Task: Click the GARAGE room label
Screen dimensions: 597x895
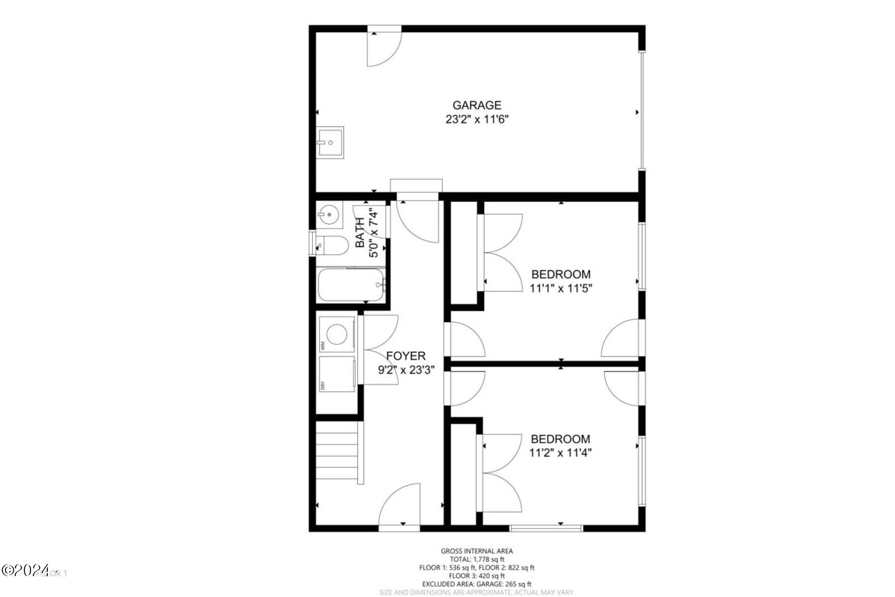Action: click(x=476, y=105)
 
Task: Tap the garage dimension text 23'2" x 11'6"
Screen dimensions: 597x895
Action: click(x=476, y=119)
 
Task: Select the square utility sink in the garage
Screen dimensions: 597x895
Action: click(x=330, y=142)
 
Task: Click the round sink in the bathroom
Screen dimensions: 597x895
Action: click(x=328, y=215)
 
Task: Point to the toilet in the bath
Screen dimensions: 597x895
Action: click(x=333, y=245)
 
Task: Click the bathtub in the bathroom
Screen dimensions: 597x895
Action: click(x=351, y=285)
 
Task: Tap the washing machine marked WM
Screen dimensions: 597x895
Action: click(x=337, y=334)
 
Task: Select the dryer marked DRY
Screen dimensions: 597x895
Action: click(x=337, y=374)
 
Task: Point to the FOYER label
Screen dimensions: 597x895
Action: click(x=406, y=356)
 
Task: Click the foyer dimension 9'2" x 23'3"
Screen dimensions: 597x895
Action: click(x=406, y=370)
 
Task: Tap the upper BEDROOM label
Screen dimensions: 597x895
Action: click(x=561, y=274)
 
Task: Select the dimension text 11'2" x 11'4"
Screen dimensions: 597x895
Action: click(x=560, y=453)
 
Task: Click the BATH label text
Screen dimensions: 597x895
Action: click(x=360, y=233)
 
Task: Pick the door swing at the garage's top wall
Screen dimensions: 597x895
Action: click(x=384, y=49)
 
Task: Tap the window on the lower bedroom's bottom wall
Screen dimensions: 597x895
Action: click(x=546, y=528)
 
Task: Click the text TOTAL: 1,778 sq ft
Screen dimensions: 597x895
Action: click(x=476, y=559)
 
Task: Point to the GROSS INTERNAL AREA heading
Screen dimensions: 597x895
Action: click(x=476, y=551)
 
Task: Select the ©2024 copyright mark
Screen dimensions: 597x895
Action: click(x=26, y=570)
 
